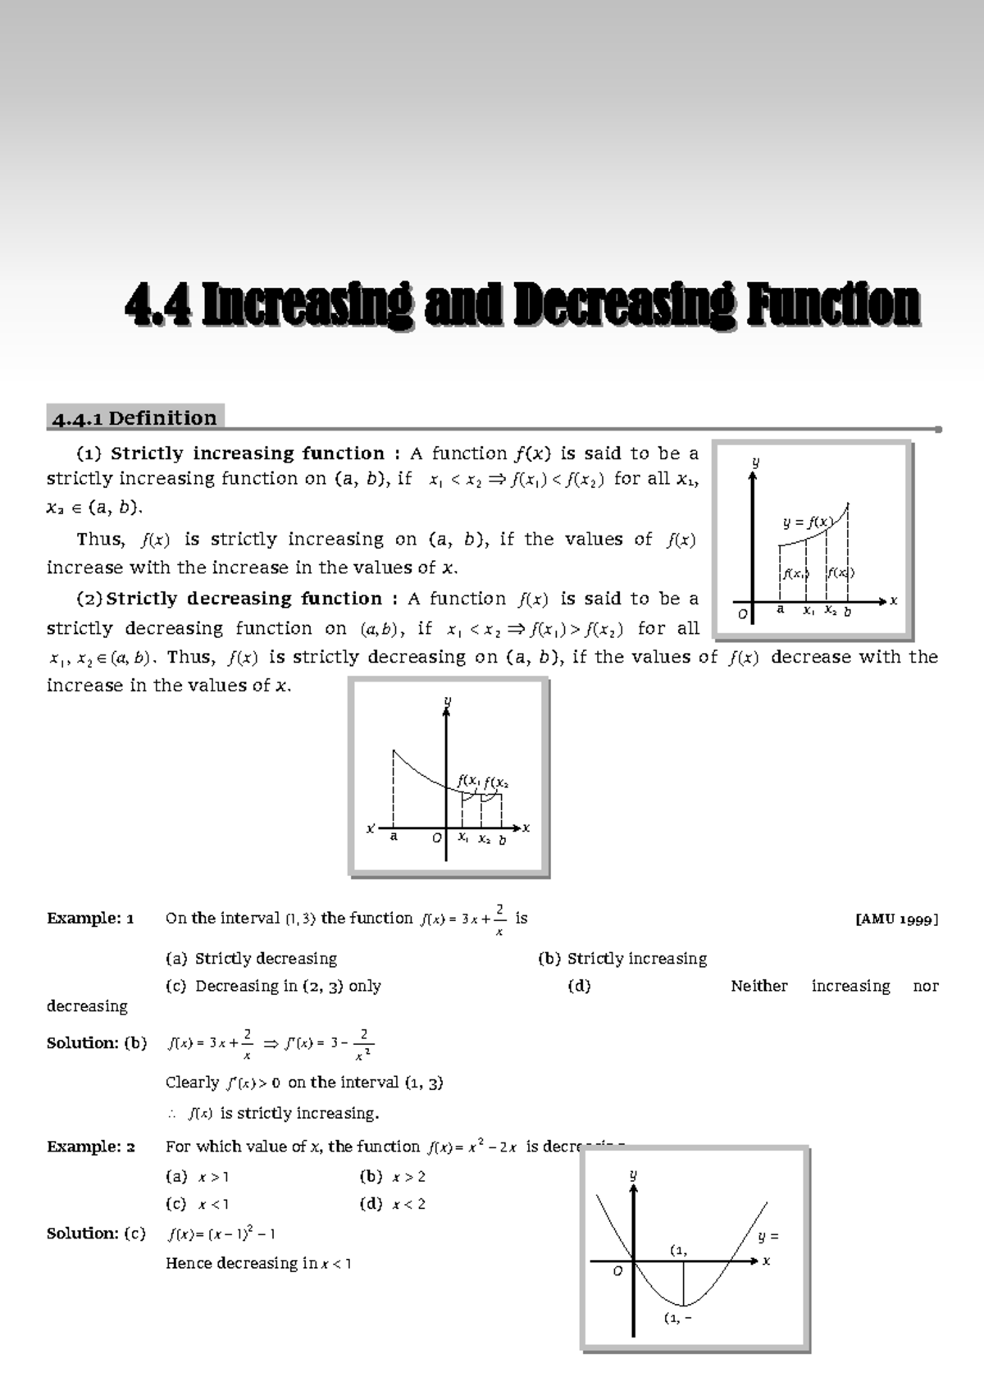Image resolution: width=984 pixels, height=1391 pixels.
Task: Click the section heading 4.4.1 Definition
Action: click(134, 418)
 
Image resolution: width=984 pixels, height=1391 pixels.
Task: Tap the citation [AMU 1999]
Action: click(896, 919)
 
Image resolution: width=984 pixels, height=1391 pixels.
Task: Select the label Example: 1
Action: click(90, 919)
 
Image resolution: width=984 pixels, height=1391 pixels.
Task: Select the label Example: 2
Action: click(90, 1147)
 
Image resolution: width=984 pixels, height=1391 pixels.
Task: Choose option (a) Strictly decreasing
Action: click(252, 959)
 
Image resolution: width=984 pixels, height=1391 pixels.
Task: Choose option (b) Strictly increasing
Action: click(622, 959)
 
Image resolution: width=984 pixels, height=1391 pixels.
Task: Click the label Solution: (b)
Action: click(97, 1043)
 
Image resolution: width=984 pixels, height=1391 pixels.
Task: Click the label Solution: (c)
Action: click(96, 1234)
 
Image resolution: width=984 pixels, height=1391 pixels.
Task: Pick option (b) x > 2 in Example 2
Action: click(393, 1177)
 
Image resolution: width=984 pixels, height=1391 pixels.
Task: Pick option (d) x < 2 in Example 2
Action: click(393, 1205)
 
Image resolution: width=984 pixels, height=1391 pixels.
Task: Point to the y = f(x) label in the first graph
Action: click(808, 522)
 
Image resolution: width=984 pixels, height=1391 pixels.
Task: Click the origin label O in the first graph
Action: click(743, 613)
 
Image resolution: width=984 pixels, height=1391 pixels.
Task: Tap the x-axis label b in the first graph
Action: click(848, 611)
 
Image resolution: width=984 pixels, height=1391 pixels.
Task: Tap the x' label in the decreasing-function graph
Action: click(371, 828)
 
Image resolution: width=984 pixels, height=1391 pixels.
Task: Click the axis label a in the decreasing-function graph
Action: click(394, 837)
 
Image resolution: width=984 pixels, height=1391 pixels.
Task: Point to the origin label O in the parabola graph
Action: click(617, 1271)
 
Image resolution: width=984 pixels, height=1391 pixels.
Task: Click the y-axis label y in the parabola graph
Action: click(632, 1174)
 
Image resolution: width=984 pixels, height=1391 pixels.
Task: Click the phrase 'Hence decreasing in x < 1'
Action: click(258, 1264)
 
